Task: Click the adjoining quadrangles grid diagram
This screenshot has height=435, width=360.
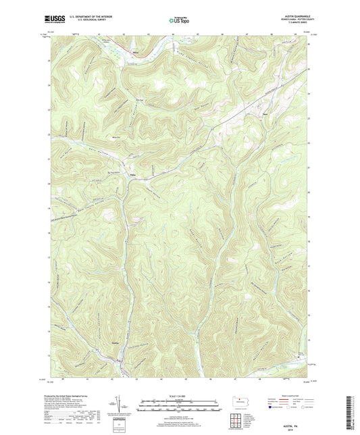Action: (239, 421)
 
